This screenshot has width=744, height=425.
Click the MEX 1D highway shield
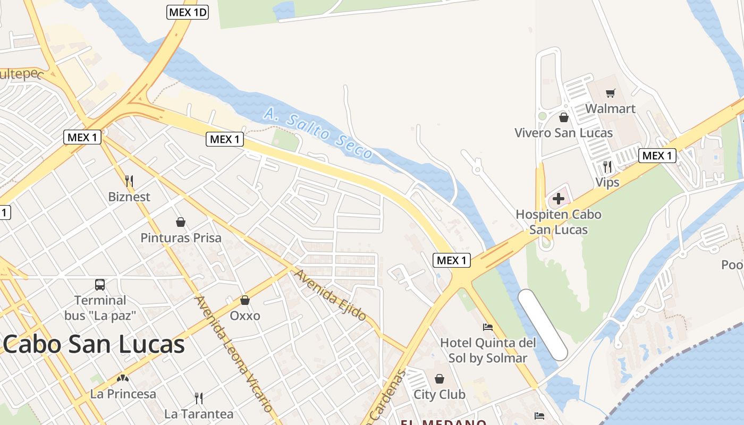coord(187,12)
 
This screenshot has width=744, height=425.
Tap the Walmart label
coord(610,109)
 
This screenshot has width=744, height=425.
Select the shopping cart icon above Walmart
coord(610,93)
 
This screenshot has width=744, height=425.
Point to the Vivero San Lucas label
coord(563,133)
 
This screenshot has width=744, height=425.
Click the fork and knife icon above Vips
coord(607,167)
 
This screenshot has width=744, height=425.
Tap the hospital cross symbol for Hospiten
coord(558,199)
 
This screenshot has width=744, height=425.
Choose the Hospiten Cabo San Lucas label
coord(559,222)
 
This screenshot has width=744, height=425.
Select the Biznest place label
coord(129,197)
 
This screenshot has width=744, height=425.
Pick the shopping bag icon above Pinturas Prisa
coord(181,222)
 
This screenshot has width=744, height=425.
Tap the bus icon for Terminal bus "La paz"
coord(100,285)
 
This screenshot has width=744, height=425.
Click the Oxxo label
coord(245,316)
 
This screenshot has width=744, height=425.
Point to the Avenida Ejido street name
coord(330,295)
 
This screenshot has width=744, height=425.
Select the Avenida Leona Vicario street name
coord(234,354)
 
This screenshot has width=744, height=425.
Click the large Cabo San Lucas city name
coord(94,344)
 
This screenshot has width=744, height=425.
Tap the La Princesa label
coord(123,394)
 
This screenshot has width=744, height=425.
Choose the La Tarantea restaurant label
coord(199,414)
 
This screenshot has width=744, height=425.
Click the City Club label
coord(439,395)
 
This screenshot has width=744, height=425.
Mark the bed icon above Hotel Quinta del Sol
coord(488,327)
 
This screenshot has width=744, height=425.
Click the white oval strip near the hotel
coord(543,325)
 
